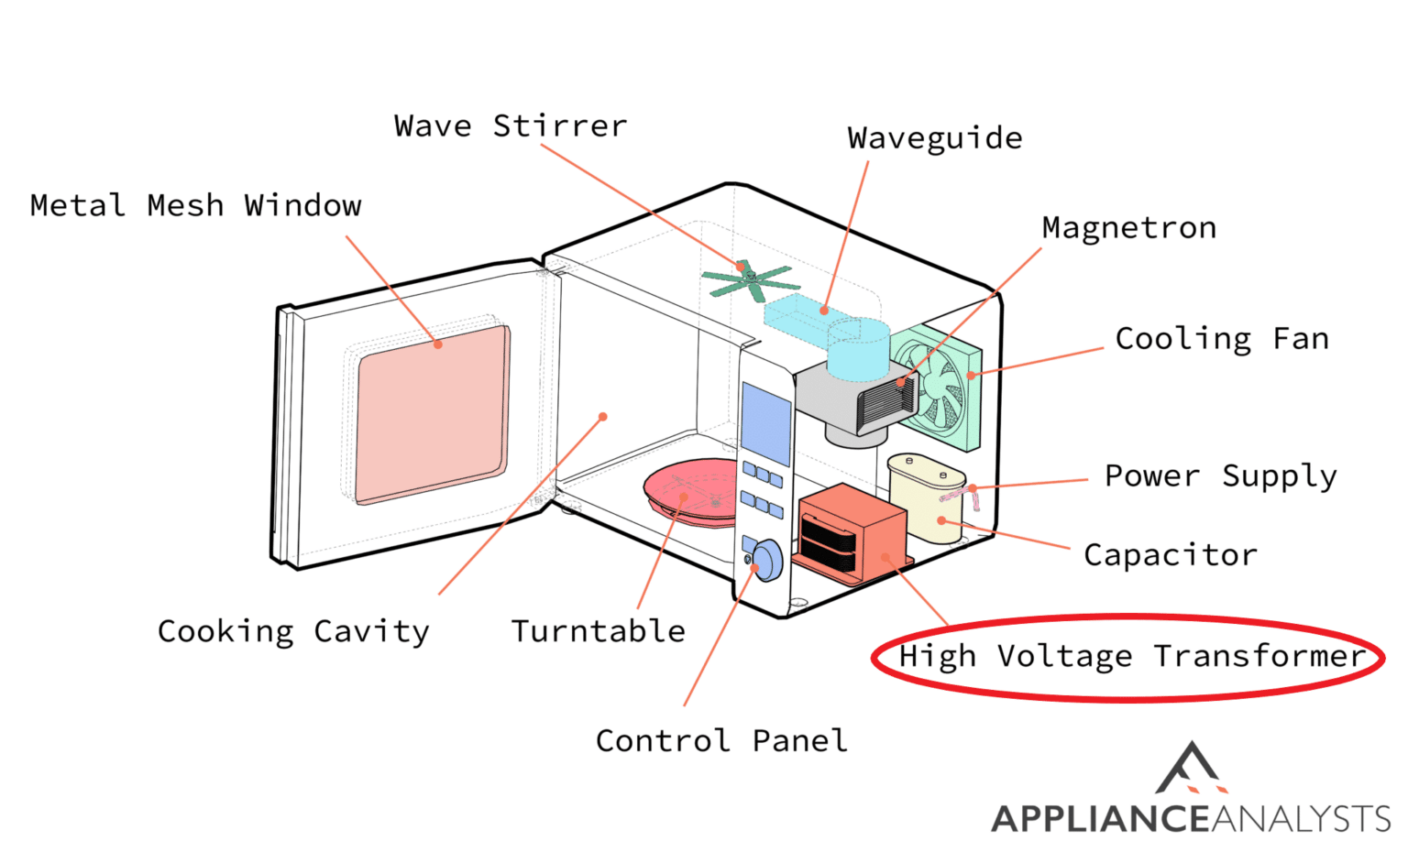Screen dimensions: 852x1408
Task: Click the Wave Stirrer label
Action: (511, 126)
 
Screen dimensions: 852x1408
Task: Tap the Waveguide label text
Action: (934, 138)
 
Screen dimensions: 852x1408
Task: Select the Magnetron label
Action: (1128, 227)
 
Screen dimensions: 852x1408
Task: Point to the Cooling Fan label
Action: (1221, 339)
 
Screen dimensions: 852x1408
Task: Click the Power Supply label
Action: (1220, 476)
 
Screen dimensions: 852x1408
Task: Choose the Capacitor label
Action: (1170, 555)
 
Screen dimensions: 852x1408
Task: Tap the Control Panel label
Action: (721, 740)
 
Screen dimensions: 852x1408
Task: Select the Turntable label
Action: (598, 631)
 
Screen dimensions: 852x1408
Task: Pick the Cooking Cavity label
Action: (293, 631)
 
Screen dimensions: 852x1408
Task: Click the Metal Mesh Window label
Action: (195, 205)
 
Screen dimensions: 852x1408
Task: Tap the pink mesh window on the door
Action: (431, 412)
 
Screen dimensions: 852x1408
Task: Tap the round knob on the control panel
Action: (766, 559)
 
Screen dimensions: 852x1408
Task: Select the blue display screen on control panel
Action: (765, 424)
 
